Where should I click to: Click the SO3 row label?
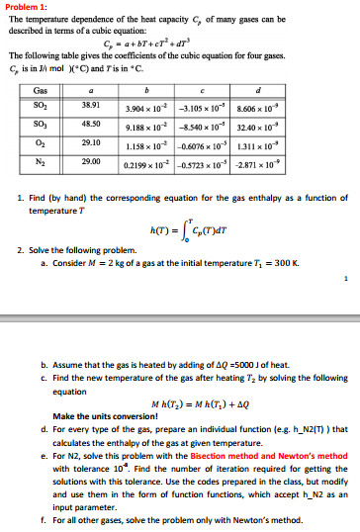[x=34, y=124]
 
